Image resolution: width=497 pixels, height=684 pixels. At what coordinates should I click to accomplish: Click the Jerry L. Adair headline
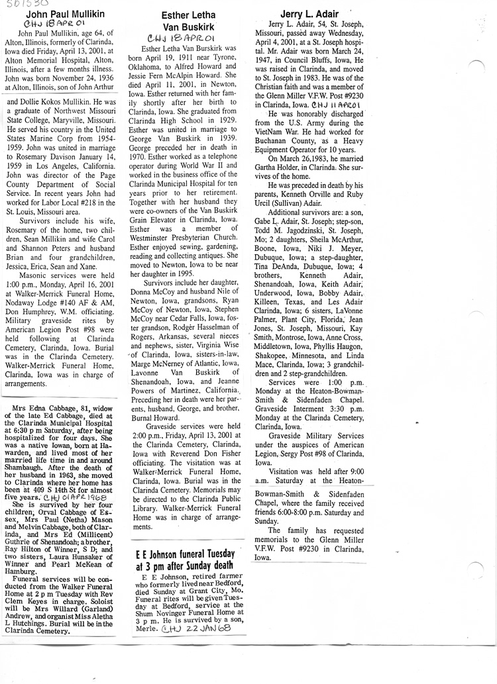(x=308, y=13)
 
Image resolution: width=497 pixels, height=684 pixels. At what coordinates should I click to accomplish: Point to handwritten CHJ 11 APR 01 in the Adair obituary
(x=336, y=105)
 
